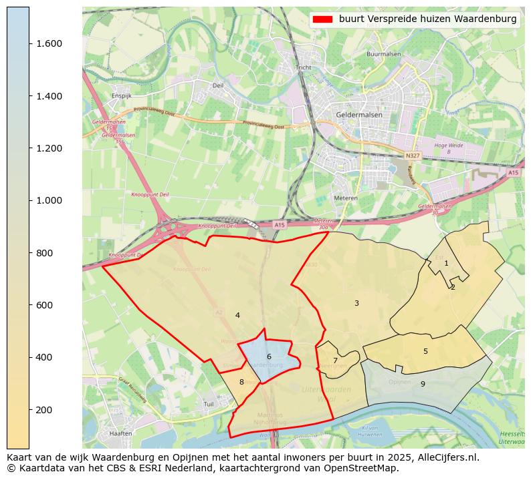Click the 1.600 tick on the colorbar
(x=29, y=43)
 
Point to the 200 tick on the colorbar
(x=29, y=409)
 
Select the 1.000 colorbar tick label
(x=49, y=200)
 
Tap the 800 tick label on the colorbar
(x=45, y=252)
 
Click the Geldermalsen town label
(x=359, y=114)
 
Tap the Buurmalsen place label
(x=382, y=54)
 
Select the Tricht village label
(x=304, y=67)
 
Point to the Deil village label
(x=218, y=85)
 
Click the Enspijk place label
(x=122, y=96)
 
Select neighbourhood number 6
(x=269, y=356)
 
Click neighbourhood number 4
(x=237, y=315)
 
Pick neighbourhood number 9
(x=423, y=384)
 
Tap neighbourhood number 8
(x=241, y=382)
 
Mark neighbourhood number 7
(x=335, y=361)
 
